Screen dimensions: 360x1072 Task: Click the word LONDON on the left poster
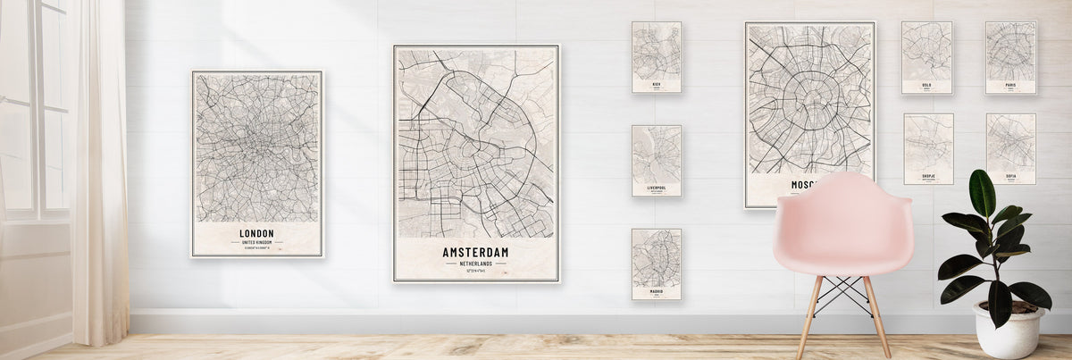tap(257, 234)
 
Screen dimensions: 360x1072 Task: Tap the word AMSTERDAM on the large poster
tap(475, 253)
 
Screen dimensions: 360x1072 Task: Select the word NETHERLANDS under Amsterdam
tap(475, 264)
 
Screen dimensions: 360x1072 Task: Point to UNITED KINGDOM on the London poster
tap(257, 243)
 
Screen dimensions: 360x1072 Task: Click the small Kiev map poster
tap(657, 57)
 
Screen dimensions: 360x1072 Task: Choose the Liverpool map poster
tap(657, 161)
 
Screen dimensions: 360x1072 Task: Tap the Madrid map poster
tap(657, 264)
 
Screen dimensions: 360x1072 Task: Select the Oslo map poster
tap(926, 57)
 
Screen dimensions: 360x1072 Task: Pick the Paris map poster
tap(1010, 57)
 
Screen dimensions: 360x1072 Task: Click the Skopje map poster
tap(928, 148)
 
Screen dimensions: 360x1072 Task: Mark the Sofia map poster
tap(1011, 148)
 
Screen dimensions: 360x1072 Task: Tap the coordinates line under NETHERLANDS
tap(475, 272)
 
